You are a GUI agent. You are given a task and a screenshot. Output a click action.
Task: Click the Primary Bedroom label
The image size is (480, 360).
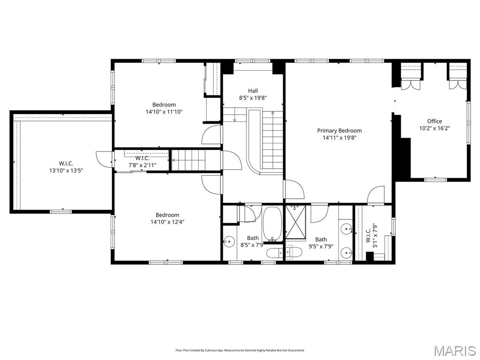(339, 131)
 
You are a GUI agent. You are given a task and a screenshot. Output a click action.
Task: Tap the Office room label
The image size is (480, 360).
(434, 121)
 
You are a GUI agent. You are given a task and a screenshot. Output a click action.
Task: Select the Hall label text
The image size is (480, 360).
(253, 91)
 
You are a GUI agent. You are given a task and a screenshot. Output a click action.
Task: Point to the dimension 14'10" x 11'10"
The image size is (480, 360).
(164, 112)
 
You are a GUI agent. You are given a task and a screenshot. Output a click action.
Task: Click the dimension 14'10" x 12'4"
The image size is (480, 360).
(167, 222)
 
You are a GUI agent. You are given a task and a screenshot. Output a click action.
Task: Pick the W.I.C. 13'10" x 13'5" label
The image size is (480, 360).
(66, 167)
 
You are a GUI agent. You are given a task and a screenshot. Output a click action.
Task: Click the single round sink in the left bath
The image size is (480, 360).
(229, 242)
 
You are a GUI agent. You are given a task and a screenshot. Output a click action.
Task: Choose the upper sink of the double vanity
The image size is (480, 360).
(346, 230)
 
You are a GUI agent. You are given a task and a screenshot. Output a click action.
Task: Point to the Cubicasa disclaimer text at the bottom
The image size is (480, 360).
(240, 350)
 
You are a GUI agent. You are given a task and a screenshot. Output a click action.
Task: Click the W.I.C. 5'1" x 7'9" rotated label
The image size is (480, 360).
(371, 233)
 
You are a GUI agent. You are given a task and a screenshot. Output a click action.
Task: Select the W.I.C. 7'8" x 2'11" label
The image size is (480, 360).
(142, 162)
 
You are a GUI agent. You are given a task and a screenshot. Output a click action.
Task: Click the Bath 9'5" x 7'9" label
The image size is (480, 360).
(321, 242)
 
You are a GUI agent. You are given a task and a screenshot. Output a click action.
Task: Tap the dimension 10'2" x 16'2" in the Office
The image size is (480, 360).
(434, 128)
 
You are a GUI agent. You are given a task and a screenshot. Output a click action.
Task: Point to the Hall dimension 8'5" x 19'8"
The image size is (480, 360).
(253, 98)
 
